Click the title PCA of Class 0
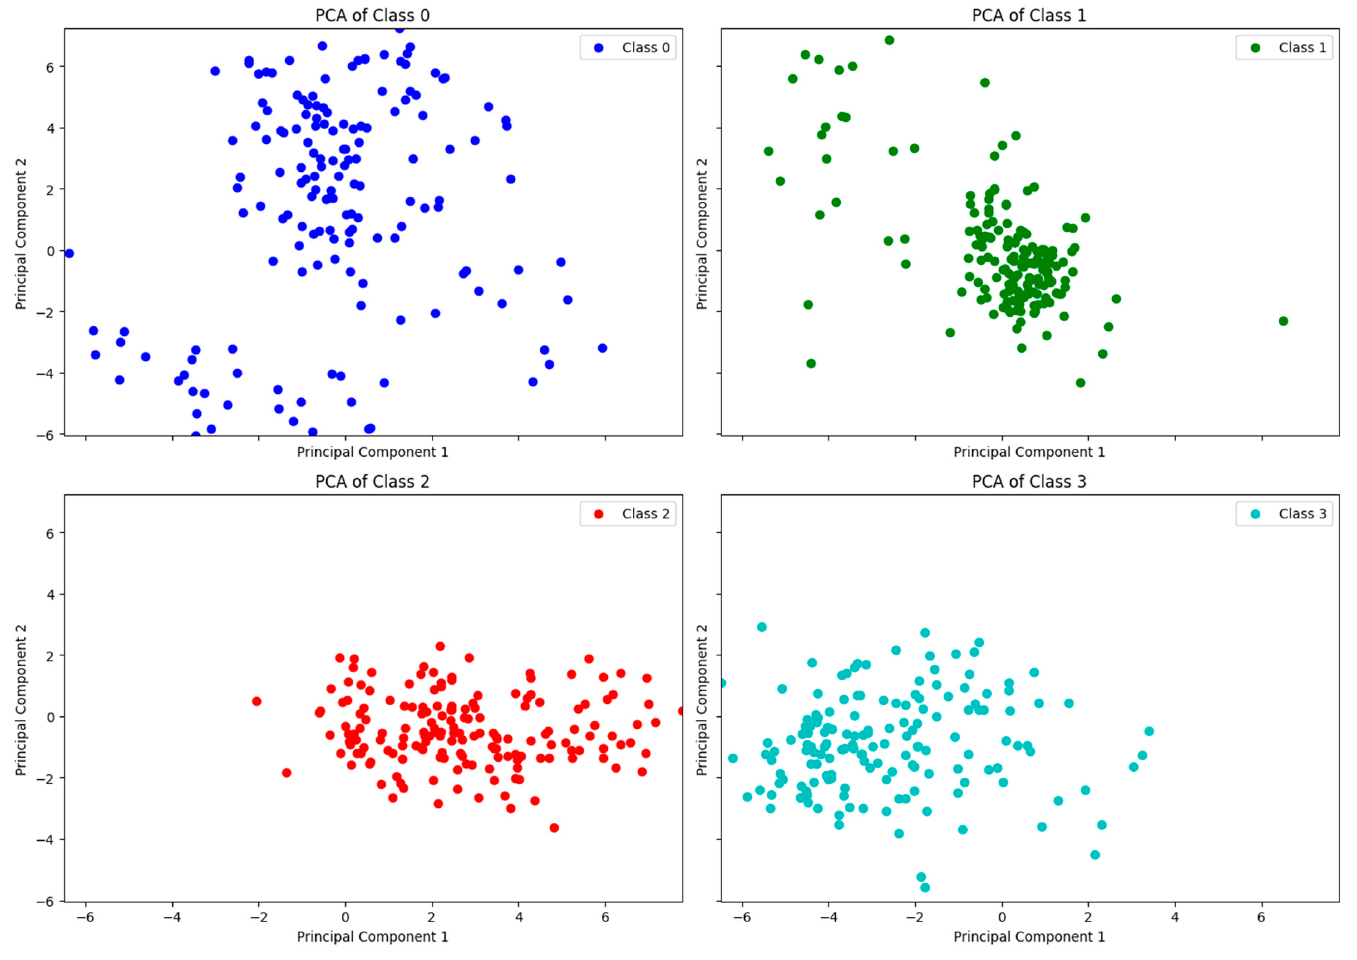tap(372, 15)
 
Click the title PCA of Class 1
tap(1029, 15)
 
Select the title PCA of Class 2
tap(372, 481)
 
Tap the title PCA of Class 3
tap(1029, 481)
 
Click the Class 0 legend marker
tap(598, 48)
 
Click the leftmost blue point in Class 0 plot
tap(69, 254)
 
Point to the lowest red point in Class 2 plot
tap(554, 828)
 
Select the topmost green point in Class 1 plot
tap(889, 40)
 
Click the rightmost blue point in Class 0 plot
tap(602, 348)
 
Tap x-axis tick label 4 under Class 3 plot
tap(1175, 918)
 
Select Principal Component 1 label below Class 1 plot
tap(1029, 452)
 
